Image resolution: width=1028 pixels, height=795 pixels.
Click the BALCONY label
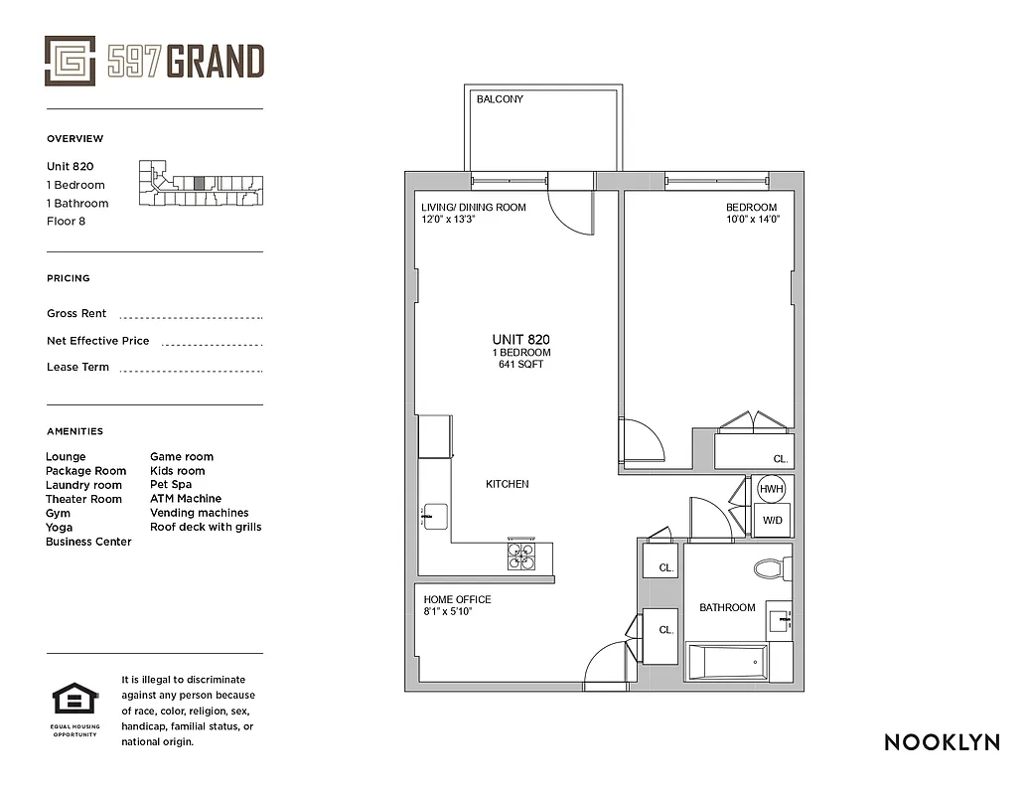click(x=500, y=99)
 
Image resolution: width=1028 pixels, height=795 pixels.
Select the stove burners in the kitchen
click(x=521, y=556)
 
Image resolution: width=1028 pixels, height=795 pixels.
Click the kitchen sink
click(x=436, y=517)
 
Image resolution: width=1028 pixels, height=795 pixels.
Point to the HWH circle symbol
click(x=772, y=490)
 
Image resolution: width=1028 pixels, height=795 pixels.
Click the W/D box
click(x=772, y=520)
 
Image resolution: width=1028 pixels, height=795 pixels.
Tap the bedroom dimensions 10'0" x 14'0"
click(x=752, y=220)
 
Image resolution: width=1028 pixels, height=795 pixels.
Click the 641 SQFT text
click(x=521, y=365)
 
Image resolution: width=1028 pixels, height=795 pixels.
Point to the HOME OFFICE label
click(x=457, y=599)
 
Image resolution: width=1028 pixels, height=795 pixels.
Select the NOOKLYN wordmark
click(x=942, y=742)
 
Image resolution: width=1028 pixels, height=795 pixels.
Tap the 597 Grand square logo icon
click(x=71, y=62)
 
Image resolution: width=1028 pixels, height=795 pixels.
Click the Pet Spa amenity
click(x=171, y=485)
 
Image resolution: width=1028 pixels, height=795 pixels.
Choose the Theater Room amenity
click(x=83, y=499)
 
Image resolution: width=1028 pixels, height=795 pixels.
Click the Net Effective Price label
click(x=97, y=341)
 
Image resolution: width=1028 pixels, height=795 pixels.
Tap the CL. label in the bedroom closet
click(x=781, y=459)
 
